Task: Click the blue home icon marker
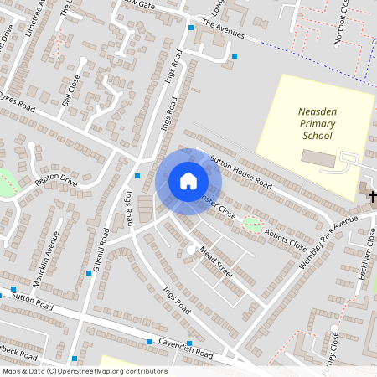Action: point(188,181)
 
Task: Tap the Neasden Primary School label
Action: point(317,123)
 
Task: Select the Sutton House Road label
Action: point(241,171)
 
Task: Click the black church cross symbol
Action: point(372,196)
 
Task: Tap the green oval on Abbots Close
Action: point(251,224)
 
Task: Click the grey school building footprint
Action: point(317,158)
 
